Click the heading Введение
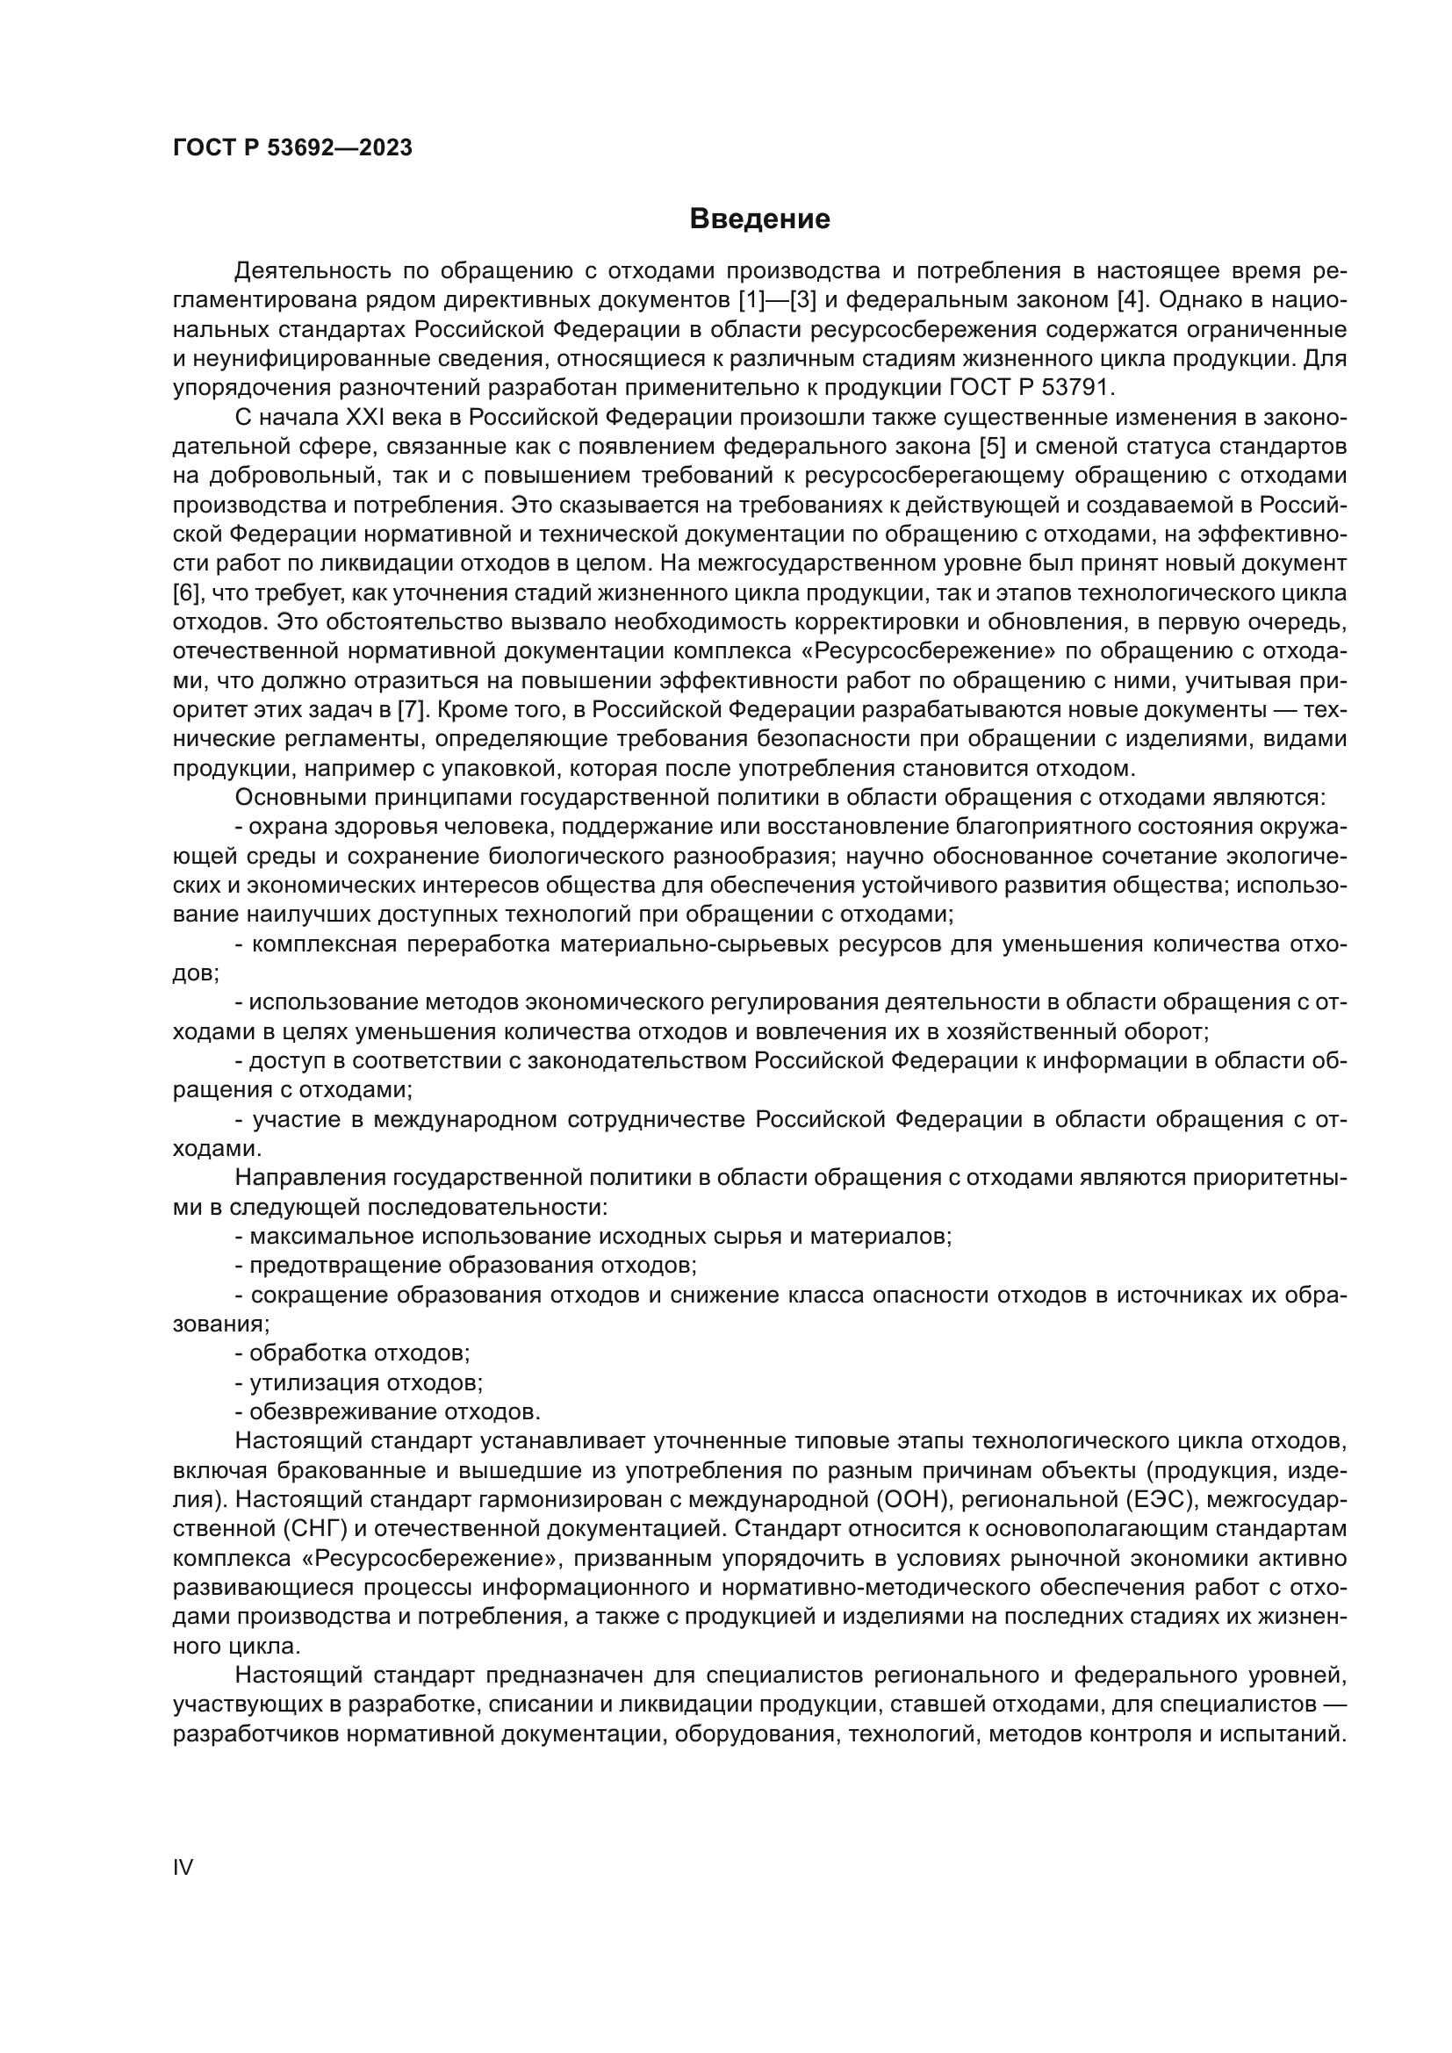759,219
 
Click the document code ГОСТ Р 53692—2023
292,147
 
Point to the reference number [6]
185,592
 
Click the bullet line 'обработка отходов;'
352,1353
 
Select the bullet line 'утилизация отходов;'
358,1383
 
